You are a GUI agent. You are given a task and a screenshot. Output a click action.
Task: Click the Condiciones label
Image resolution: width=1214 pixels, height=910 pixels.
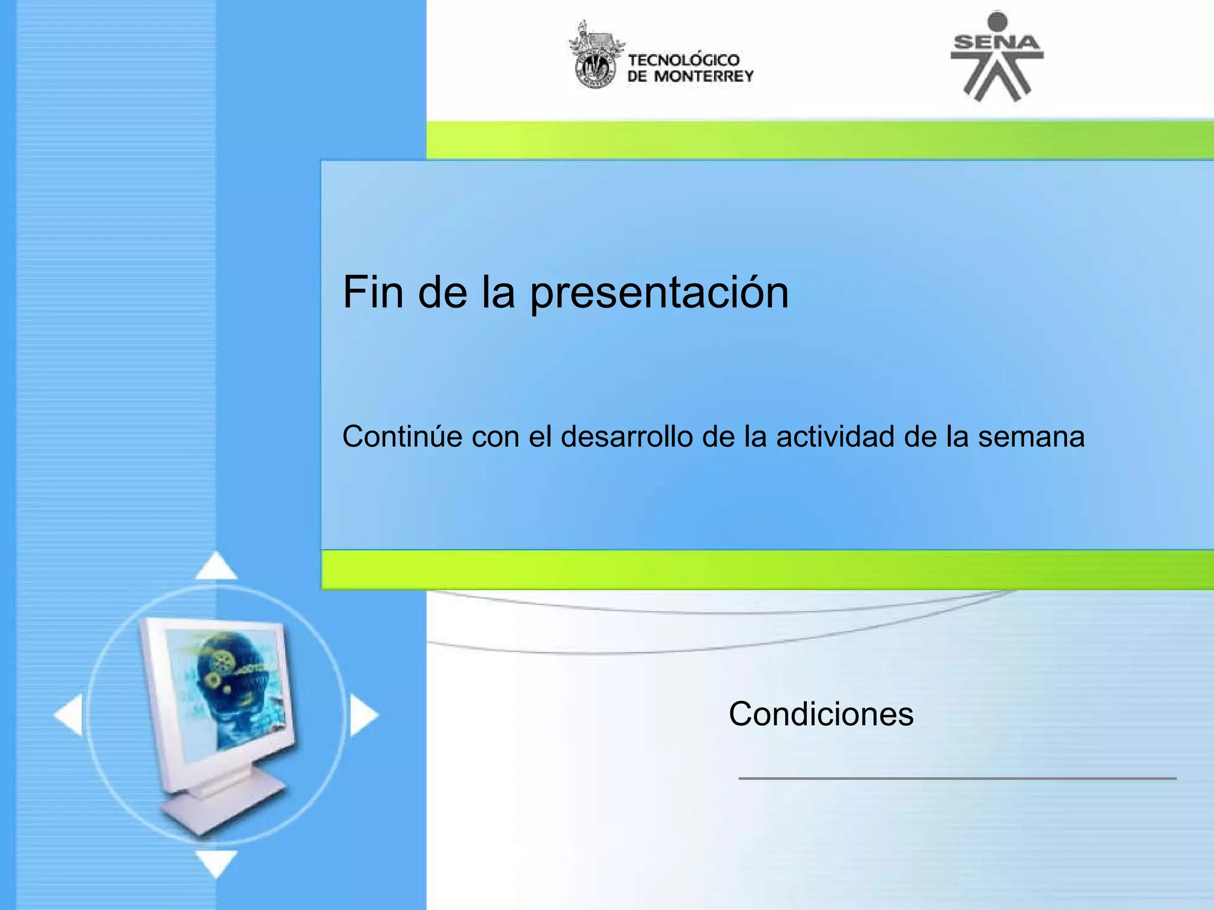tap(821, 714)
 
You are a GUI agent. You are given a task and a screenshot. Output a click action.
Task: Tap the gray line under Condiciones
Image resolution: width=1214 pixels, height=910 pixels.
tap(957, 778)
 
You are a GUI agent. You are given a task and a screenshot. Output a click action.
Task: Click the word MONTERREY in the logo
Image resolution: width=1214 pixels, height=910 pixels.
tap(703, 76)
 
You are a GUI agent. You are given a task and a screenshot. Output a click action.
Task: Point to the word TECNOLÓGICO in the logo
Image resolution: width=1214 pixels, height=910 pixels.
tap(683, 60)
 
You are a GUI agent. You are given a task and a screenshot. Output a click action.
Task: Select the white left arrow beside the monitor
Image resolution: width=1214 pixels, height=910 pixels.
tap(70, 715)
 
